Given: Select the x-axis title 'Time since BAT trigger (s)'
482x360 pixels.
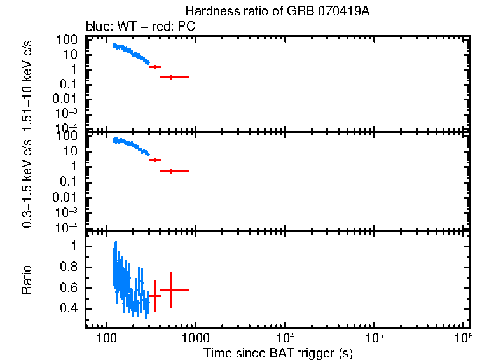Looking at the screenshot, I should pyautogui.click(x=278, y=352).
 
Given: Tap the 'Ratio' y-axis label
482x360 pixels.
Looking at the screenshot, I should pyautogui.click(x=27, y=279).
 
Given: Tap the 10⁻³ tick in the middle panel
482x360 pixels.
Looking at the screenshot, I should pyautogui.click(x=66, y=212).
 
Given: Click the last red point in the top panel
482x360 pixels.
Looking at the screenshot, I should pyautogui.click(x=170, y=77).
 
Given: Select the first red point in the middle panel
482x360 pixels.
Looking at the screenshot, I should pyautogui.click(x=155, y=160).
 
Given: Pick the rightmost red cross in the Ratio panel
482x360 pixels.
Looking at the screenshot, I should pyautogui.click(x=170, y=289).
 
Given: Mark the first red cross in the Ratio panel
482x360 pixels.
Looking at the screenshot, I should pyautogui.click(x=155, y=296).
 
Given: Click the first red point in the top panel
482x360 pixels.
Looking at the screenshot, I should pyautogui.click(x=155, y=67).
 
